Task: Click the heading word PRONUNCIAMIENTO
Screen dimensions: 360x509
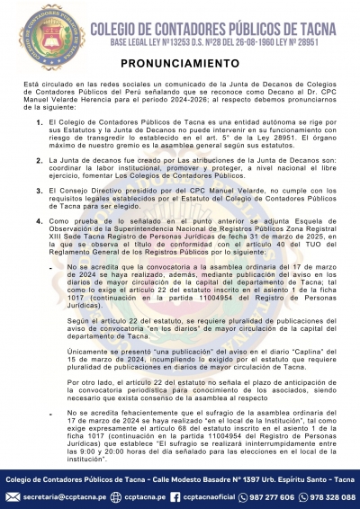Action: point(179,65)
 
